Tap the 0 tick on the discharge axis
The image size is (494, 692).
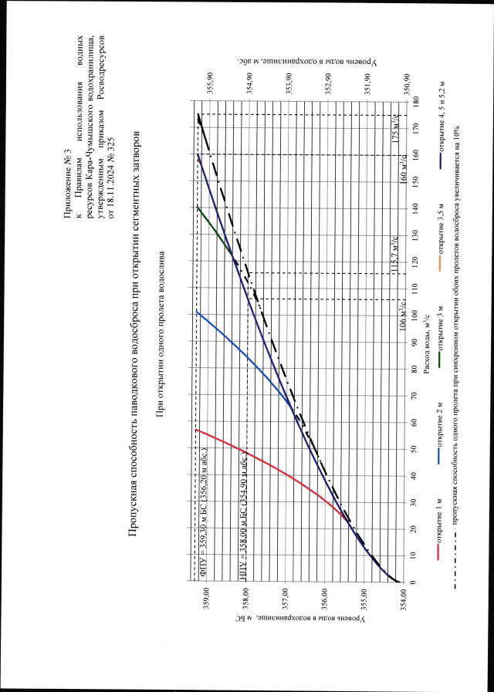(x=415, y=582)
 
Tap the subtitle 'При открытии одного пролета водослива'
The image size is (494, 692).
(x=161, y=336)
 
